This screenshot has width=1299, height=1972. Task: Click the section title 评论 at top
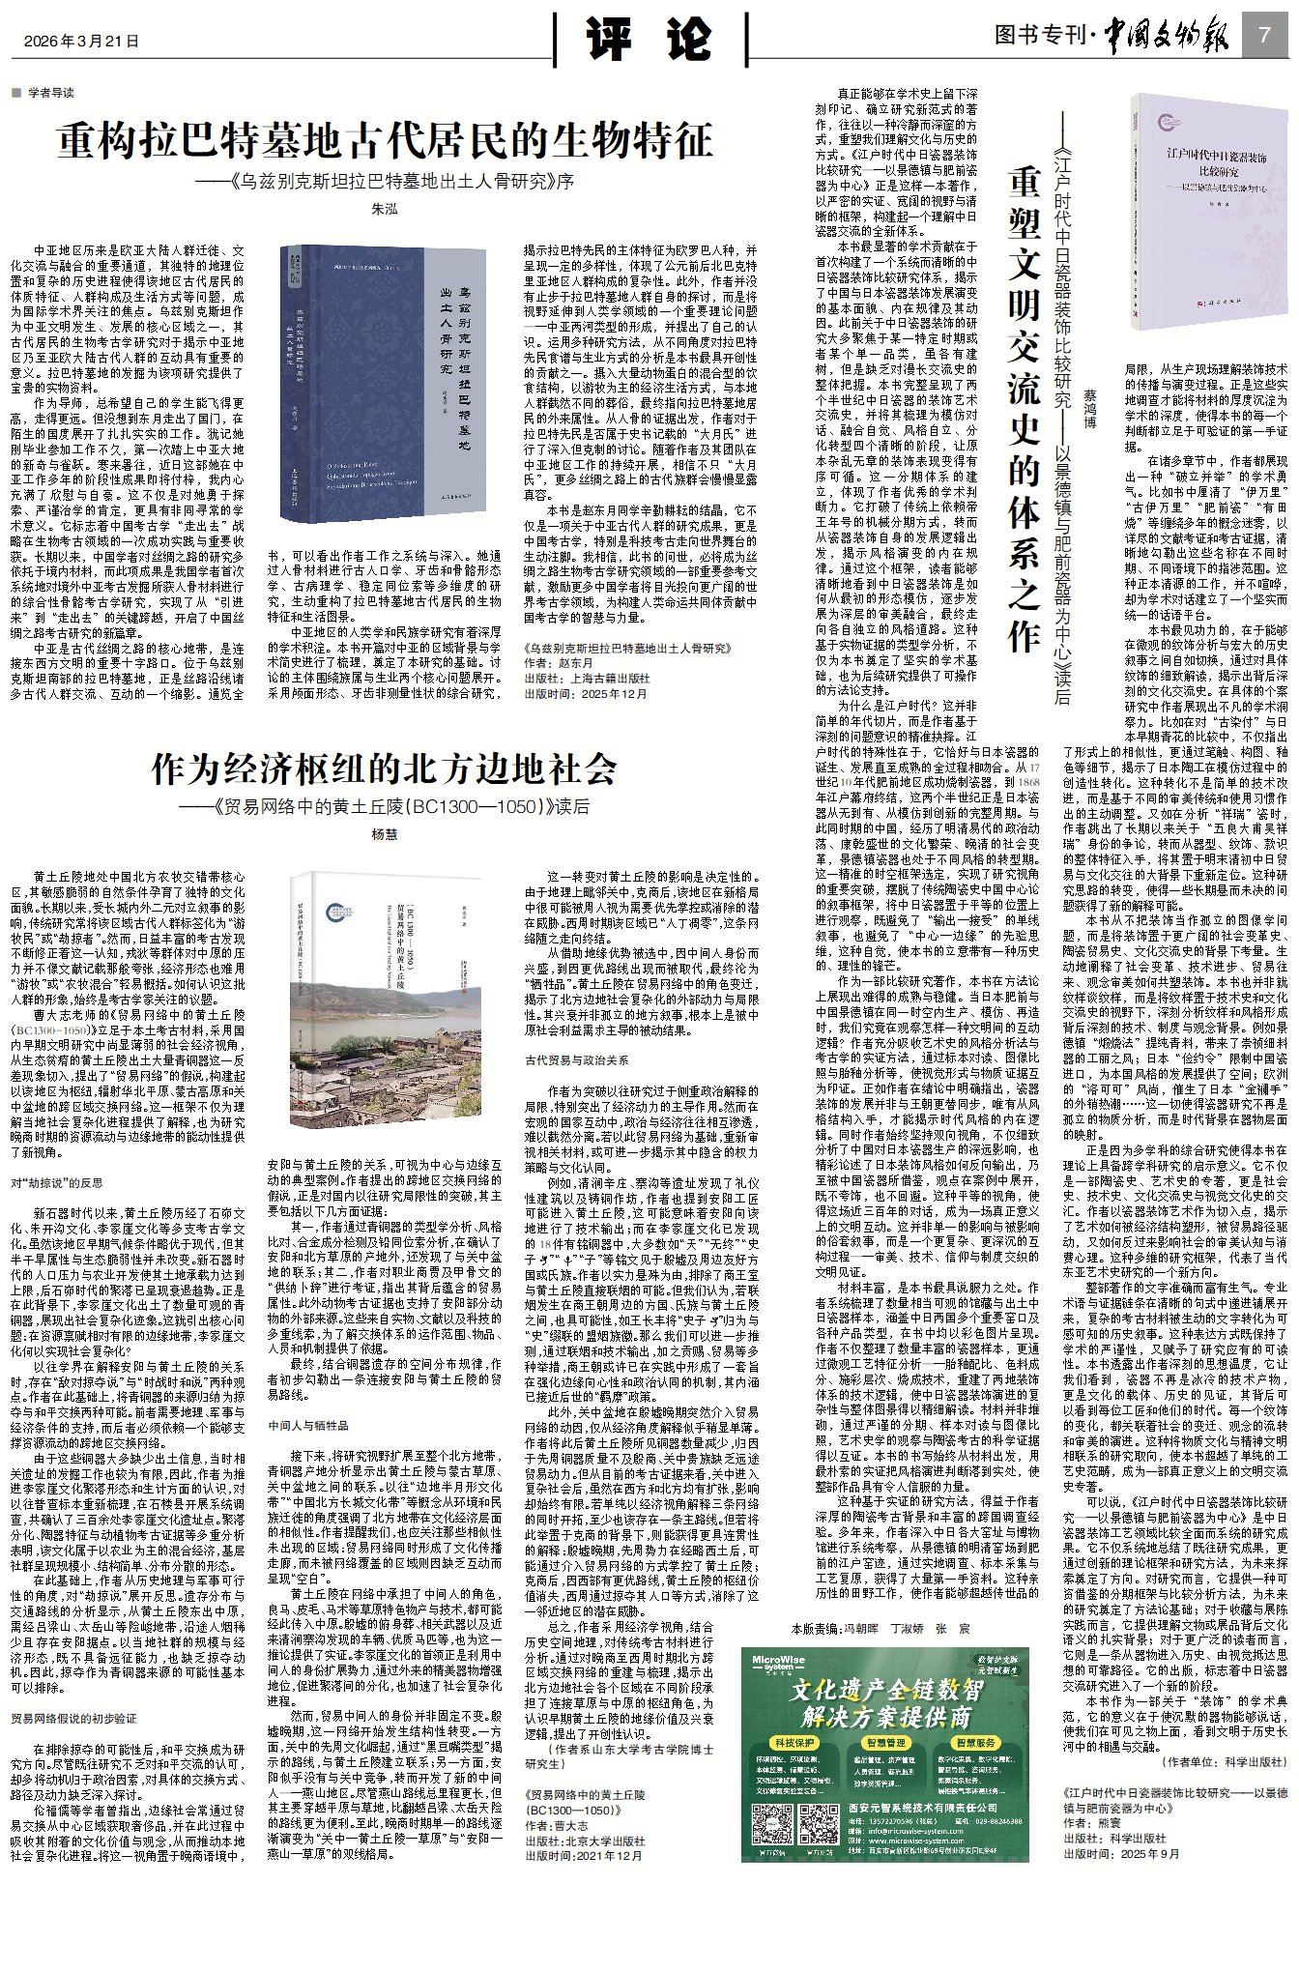[x=649, y=40]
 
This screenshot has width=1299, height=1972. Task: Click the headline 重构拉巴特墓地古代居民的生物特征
[x=384, y=141]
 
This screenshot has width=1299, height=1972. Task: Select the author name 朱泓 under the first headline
[x=384, y=209]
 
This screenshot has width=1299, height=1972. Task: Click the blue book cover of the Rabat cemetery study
[x=383, y=382]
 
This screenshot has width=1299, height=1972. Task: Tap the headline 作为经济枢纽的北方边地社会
[x=384, y=769]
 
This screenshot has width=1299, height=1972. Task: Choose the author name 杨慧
[x=384, y=834]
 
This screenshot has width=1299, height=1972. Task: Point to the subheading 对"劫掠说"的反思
[x=58, y=1182]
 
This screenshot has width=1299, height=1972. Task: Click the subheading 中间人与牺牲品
[x=308, y=1426]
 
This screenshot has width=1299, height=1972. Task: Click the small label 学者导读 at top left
[x=49, y=93]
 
